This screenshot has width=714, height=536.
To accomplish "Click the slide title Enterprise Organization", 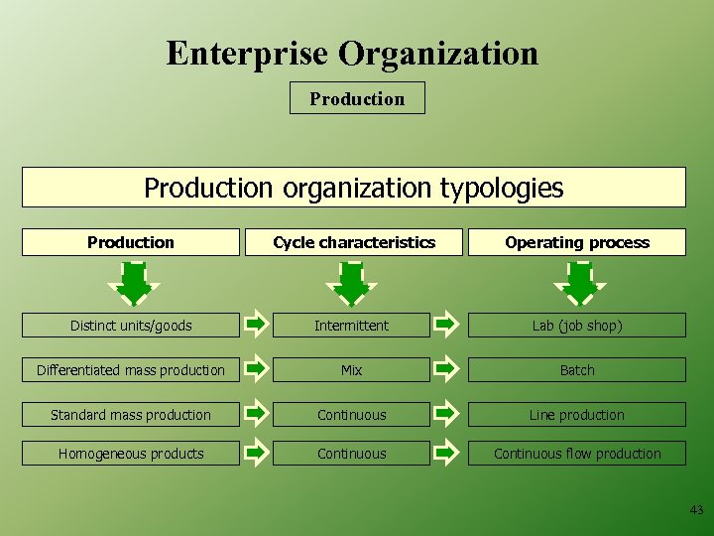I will (352, 53).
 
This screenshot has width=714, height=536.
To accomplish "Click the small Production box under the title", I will (357, 98).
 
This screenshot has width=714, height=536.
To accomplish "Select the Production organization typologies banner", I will (353, 187).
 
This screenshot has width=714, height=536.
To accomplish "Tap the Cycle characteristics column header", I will (354, 242).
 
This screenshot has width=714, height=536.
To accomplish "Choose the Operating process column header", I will (577, 242).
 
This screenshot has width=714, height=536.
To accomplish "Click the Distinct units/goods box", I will (131, 326).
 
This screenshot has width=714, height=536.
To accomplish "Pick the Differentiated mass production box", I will (131, 370).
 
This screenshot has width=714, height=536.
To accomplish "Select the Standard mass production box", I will (131, 415).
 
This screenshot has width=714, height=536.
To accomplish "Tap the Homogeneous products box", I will (131, 454).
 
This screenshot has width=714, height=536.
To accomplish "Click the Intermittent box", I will (352, 326).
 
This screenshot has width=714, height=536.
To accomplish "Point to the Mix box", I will (352, 370).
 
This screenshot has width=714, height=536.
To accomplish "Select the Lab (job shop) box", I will (577, 326).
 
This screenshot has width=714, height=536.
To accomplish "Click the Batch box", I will (577, 370).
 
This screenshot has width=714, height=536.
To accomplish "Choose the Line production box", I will (577, 415).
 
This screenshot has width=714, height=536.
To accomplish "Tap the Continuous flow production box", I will (577, 454).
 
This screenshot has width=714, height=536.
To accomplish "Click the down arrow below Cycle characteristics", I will (351, 284).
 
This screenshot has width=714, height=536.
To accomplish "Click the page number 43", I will (696, 510).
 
